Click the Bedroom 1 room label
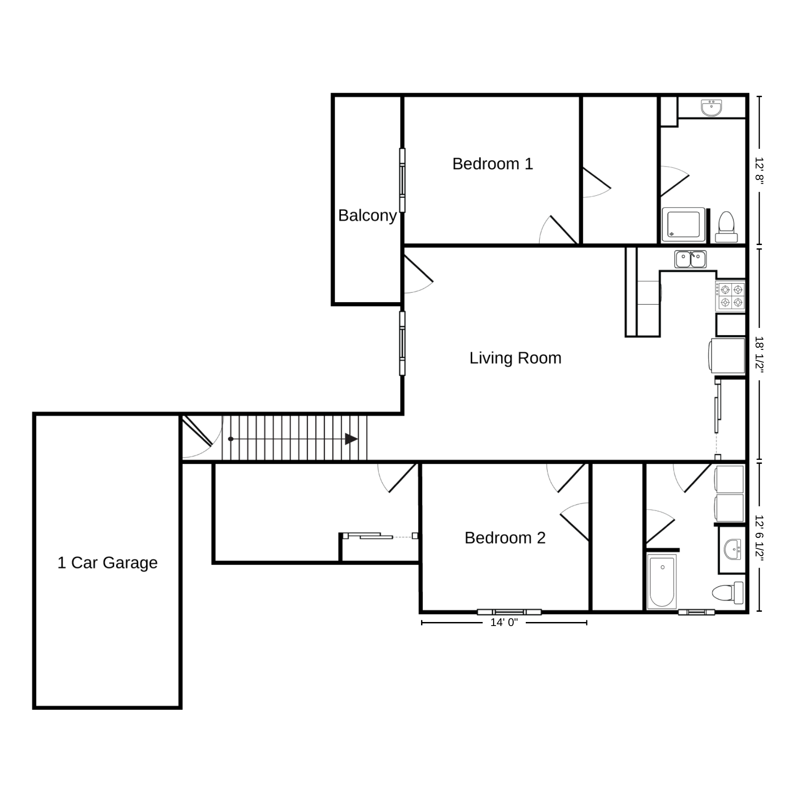(x=492, y=164)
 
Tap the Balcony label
(x=367, y=216)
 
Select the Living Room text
(x=515, y=358)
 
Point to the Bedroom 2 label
(x=505, y=538)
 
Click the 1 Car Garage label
(x=107, y=563)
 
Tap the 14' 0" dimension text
(x=504, y=622)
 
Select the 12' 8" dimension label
(x=759, y=170)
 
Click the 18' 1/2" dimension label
(x=759, y=355)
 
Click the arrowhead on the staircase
(x=351, y=439)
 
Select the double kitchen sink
(x=690, y=259)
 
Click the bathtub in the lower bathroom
(x=662, y=581)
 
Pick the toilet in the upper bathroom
(x=726, y=227)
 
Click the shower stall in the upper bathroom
(x=683, y=225)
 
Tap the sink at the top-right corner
(x=711, y=108)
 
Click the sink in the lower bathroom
(x=732, y=549)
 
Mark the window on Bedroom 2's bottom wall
(x=509, y=612)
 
